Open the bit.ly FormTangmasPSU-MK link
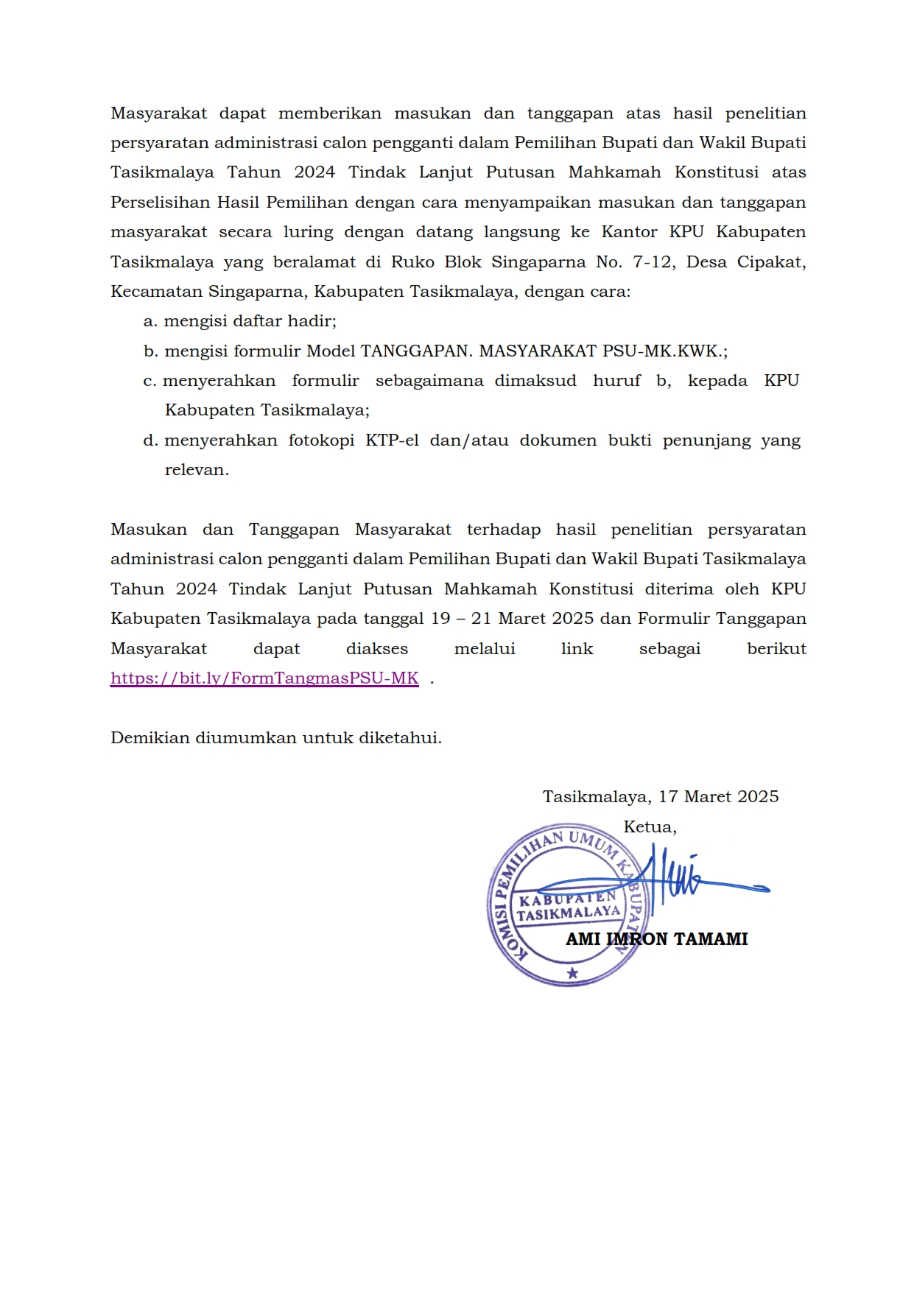tap(264, 678)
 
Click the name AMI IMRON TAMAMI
tap(656, 939)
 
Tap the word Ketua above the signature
tap(648, 827)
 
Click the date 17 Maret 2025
tap(718, 797)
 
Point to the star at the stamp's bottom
tap(572, 973)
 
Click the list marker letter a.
tap(150, 321)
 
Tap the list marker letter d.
tap(150, 440)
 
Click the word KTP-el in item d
tap(392, 440)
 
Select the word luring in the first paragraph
tap(308, 233)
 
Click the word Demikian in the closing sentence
tap(150, 738)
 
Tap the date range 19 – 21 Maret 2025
tap(512, 619)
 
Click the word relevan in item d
tap(196, 470)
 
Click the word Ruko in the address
tap(412, 262)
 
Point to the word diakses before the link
tap(376, 649)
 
